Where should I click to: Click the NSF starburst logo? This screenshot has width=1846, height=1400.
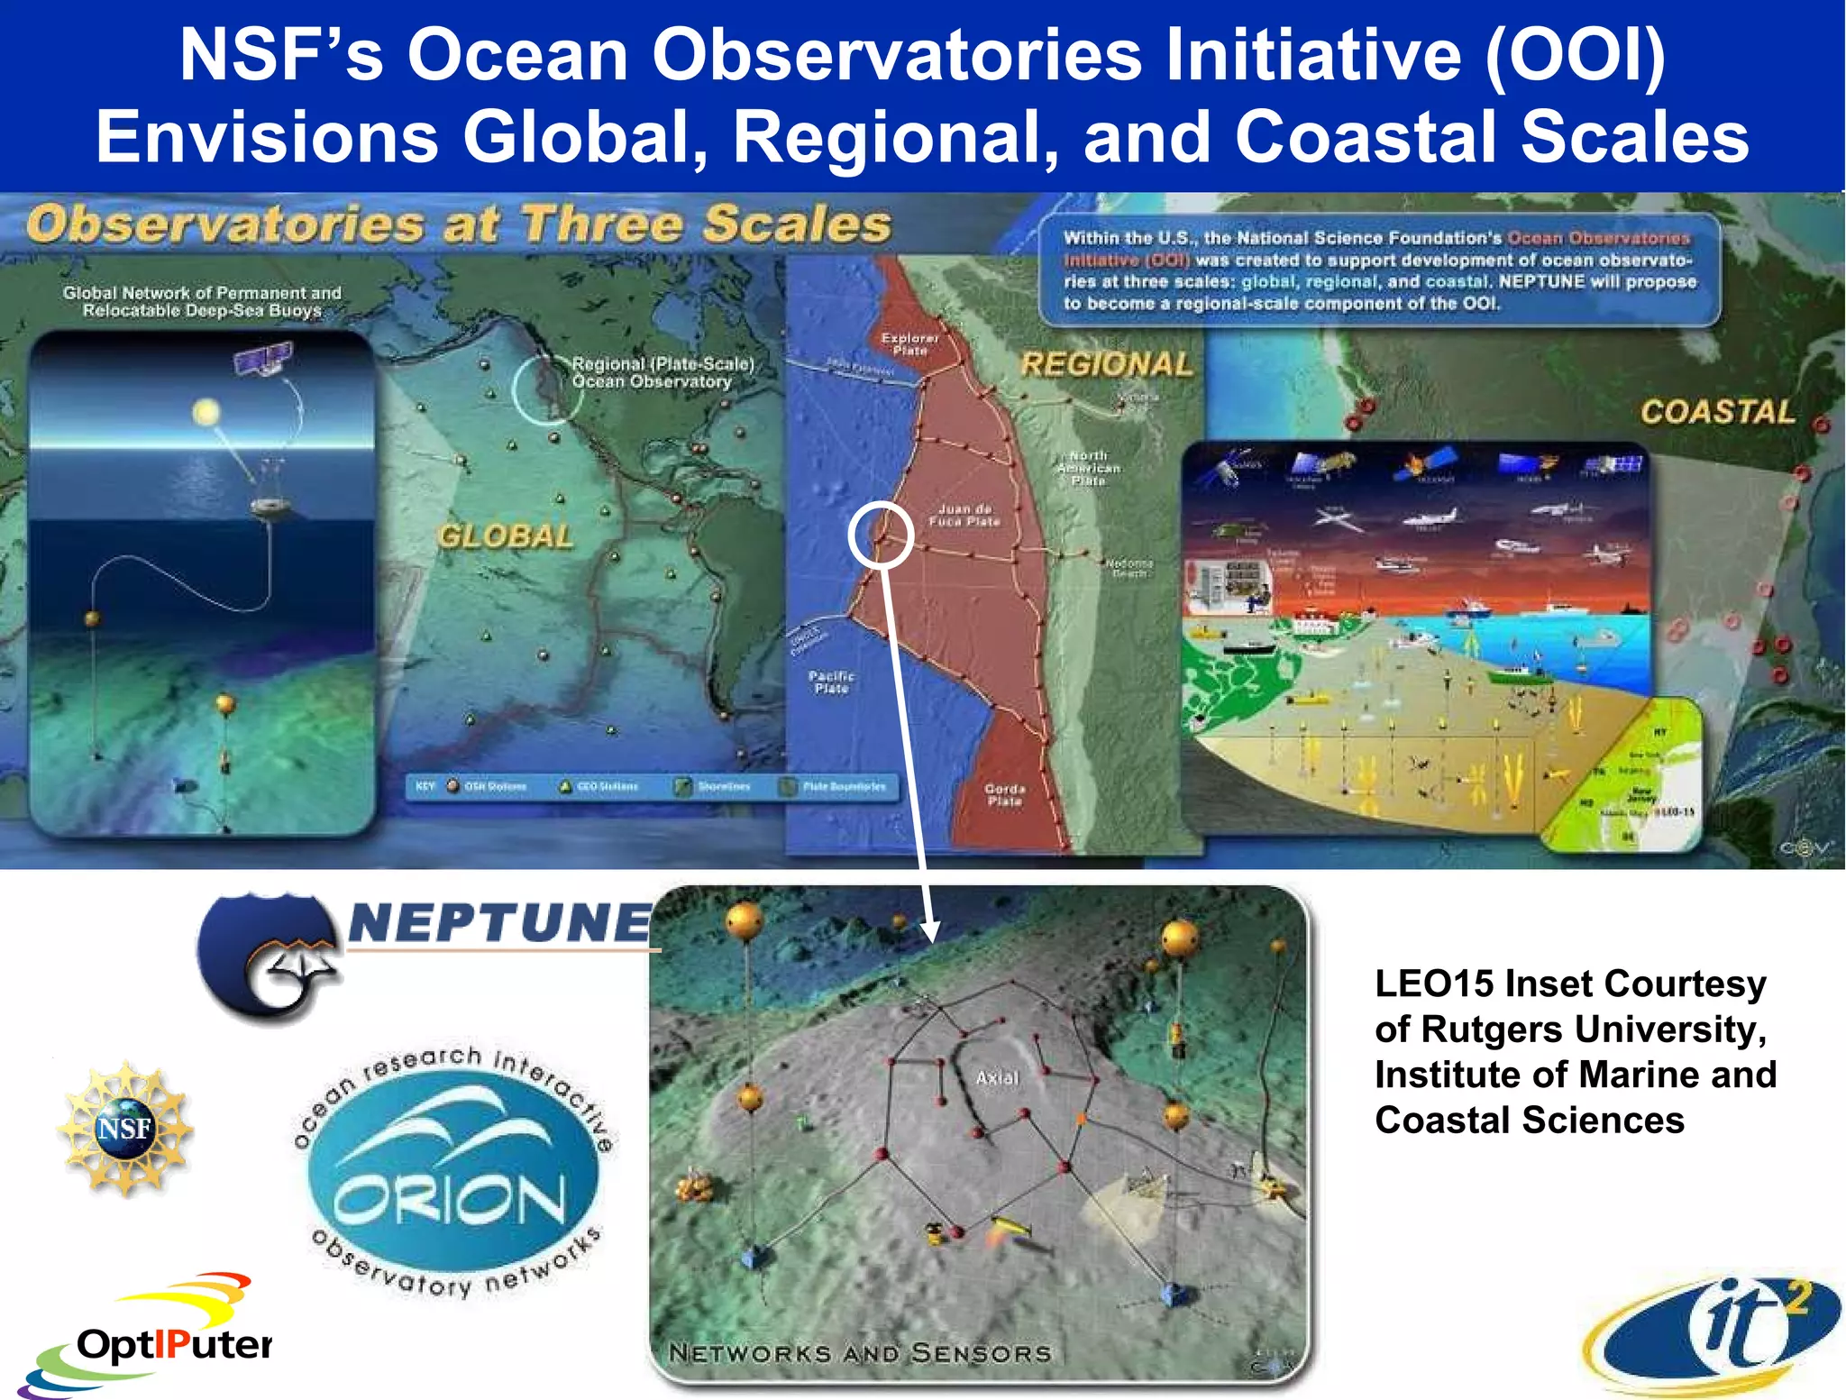point(124,1128)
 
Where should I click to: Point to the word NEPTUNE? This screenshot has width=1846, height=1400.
point(500,923)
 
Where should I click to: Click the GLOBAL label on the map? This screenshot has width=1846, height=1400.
point(506,536)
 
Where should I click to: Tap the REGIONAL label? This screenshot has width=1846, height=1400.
point(1106,364)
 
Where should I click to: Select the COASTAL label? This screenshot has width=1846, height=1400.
point(1717,412)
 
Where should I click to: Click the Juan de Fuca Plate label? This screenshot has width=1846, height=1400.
point(964,515)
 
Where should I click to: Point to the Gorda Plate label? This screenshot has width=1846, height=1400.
point(1004,794)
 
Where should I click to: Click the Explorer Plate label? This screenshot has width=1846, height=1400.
point(909,343)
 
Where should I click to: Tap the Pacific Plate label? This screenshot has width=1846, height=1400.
point(831,682)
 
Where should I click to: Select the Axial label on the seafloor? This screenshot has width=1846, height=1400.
point(997,1077)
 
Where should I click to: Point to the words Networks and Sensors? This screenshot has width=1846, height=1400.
point(860,1352)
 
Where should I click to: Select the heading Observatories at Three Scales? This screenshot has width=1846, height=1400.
point(459,224)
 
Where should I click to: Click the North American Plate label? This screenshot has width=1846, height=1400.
point(1089,468)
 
